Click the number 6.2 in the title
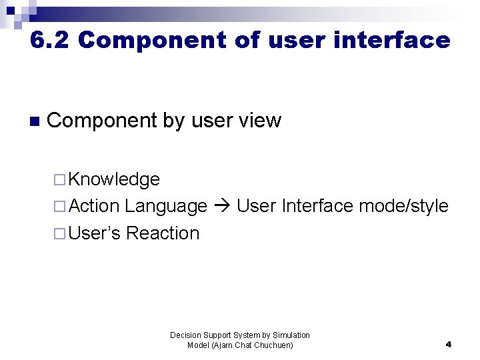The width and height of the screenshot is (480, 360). coord(50,41)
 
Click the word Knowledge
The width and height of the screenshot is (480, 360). coord(114,179)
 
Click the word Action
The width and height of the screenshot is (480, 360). coord(94,206)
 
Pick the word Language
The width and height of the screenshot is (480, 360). coord(166,206)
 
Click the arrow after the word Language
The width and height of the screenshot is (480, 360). coord(222,207)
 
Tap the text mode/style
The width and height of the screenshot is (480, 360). coord(403,206)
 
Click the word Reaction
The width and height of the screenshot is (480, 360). coord(163,233)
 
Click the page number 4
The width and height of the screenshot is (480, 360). coord(448,345)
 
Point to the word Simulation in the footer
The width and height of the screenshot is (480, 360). coord(289,335)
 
